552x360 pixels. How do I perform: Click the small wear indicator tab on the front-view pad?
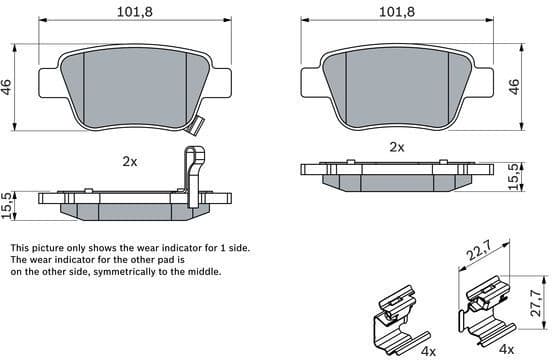tap(197, 127)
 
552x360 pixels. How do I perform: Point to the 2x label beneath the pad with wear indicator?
tap(130, 160)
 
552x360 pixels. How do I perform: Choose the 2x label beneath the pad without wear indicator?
tap(397, 146)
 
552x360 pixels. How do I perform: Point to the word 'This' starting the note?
tap(20, 247)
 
